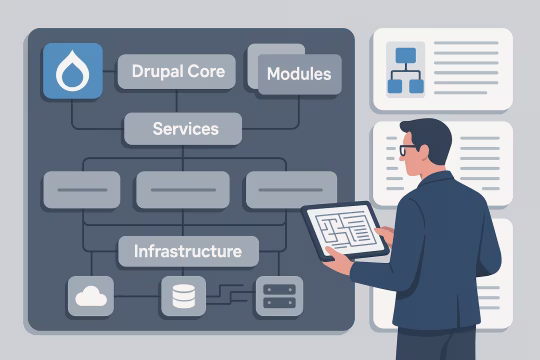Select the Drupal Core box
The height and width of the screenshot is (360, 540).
click(x=177, y=72)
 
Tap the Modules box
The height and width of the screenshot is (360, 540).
click(x=298, y=74)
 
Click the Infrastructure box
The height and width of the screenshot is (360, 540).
click(x=187, y=250)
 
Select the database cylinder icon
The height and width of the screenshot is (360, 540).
click(x=182, y=296)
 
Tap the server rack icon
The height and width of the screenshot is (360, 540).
click(x=278, y=296)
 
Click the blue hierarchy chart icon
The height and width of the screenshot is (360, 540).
click(x=406, y=68)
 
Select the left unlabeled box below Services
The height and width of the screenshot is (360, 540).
click(x=81, y=189)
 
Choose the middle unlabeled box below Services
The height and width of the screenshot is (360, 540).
click(x=182, y=189)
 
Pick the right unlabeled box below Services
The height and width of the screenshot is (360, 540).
click(x=290, y=189)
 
